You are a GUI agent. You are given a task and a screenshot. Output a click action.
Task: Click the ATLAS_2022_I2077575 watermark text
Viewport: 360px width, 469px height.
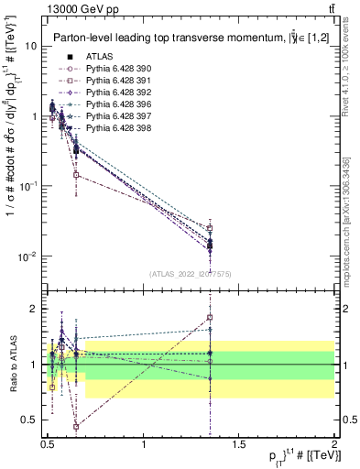click(190, 274)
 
